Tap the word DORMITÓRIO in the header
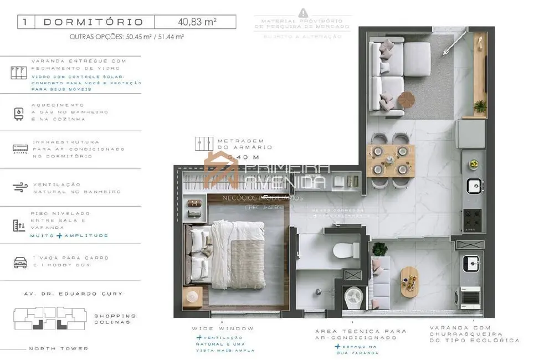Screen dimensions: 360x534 point(93,22)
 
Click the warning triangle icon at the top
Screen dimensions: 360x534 point(302,12)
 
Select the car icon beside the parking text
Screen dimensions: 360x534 point(20,262)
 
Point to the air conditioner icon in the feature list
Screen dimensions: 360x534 point(20,149)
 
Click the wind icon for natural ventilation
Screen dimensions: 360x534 point(20,187)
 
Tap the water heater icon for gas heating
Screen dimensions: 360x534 point(19,112)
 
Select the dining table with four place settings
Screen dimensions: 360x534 point(390,160)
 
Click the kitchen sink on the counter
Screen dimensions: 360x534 point(474,186)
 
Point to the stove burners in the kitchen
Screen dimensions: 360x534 point(474,219)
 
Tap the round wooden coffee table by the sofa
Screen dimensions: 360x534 point(407,100)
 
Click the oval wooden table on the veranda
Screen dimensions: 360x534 point(409,281)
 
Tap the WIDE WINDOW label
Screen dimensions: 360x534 point(223,328)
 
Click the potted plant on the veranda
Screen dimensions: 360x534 point(379,249)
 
